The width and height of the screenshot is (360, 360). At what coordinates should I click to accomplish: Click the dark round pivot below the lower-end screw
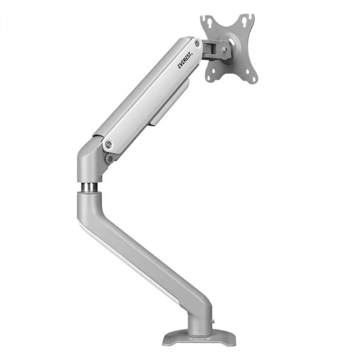pos(109,158)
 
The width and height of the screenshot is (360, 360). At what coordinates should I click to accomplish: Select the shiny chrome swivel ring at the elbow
pos(88,186)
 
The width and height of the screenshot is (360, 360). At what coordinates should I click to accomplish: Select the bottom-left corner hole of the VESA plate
pos(208,78)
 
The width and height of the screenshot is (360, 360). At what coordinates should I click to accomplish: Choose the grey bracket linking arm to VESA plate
pos(211,48)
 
